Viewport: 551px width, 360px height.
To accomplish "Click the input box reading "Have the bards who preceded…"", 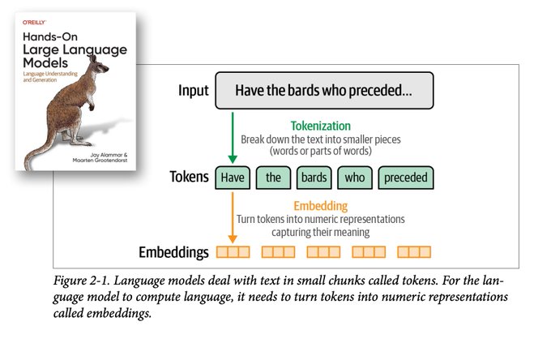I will tap(323, 91).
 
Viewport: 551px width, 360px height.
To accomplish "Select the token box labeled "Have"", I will tap(232, 178).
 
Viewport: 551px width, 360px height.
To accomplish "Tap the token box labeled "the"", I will tap(273, 178).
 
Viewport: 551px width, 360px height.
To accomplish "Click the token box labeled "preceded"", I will tap(405, 178).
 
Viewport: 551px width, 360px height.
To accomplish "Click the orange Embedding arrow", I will tap(232, 217).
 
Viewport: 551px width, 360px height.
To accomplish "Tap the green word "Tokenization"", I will tap(321, 126).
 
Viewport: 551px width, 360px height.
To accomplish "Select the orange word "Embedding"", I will tap(321, 206).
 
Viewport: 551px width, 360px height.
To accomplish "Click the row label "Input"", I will tap(194, 91).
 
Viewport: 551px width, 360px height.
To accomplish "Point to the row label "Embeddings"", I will tap(173, 252).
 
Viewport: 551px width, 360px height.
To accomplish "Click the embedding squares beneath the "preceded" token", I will tap(414, 252).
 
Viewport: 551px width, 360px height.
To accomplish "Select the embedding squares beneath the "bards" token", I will tap(323, 252).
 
